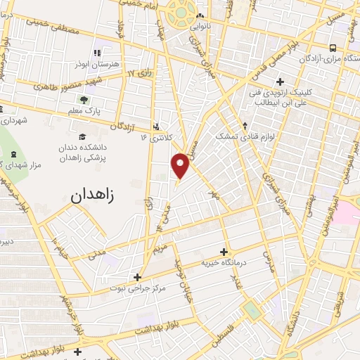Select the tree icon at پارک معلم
pyautogui.click(x=84, y=101)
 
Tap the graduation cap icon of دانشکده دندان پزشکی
pyautogui.click(x=82, y=136)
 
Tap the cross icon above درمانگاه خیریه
pyautogui.click(x=224, y=252)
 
